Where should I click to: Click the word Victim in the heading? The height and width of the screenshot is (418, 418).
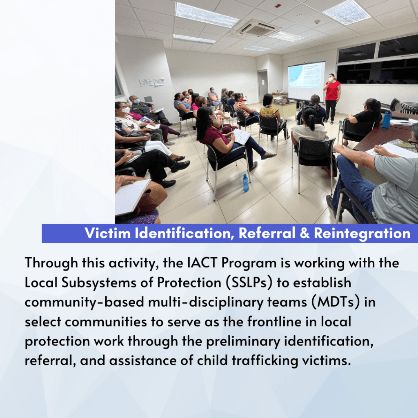108,233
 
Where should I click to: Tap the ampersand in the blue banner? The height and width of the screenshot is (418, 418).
305,233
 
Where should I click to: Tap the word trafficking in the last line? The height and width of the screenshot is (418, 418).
265,361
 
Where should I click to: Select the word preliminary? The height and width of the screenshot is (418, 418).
243,342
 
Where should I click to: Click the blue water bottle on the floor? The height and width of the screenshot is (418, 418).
245,183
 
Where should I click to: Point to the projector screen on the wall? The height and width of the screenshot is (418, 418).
306,79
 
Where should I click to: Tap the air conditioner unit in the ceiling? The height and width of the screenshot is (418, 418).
258,29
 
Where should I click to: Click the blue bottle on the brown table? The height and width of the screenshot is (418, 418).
387,119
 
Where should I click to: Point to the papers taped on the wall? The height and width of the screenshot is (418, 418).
153,82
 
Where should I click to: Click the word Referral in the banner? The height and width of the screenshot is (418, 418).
267,233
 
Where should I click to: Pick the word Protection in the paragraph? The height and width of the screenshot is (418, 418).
189,282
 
